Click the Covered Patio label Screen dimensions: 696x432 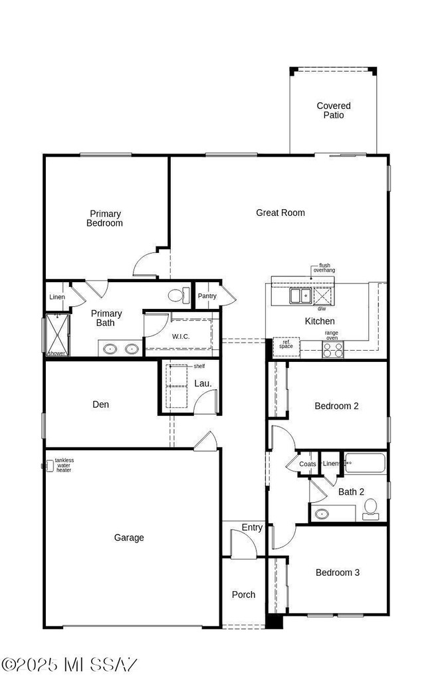[334, 110]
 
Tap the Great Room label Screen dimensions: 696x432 [280, 213]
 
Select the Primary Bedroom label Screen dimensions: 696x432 [105, 218]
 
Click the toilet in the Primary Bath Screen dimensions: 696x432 [177, 296]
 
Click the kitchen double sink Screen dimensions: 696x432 [300, 296]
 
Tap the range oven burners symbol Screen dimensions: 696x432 [332, 349]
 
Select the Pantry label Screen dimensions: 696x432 [207, 296]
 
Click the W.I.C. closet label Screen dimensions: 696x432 [181, 336]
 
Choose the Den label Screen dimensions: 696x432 [101, 404]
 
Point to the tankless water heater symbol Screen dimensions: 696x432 [47, 466]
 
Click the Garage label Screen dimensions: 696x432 [129, 538]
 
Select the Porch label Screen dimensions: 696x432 [243, 594]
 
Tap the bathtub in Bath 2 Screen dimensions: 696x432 [366, 463]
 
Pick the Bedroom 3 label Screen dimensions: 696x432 [338, 572]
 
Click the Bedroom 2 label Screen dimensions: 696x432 [336, 406]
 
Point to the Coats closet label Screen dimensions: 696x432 [307, 464]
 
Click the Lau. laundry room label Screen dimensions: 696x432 [203, 383]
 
